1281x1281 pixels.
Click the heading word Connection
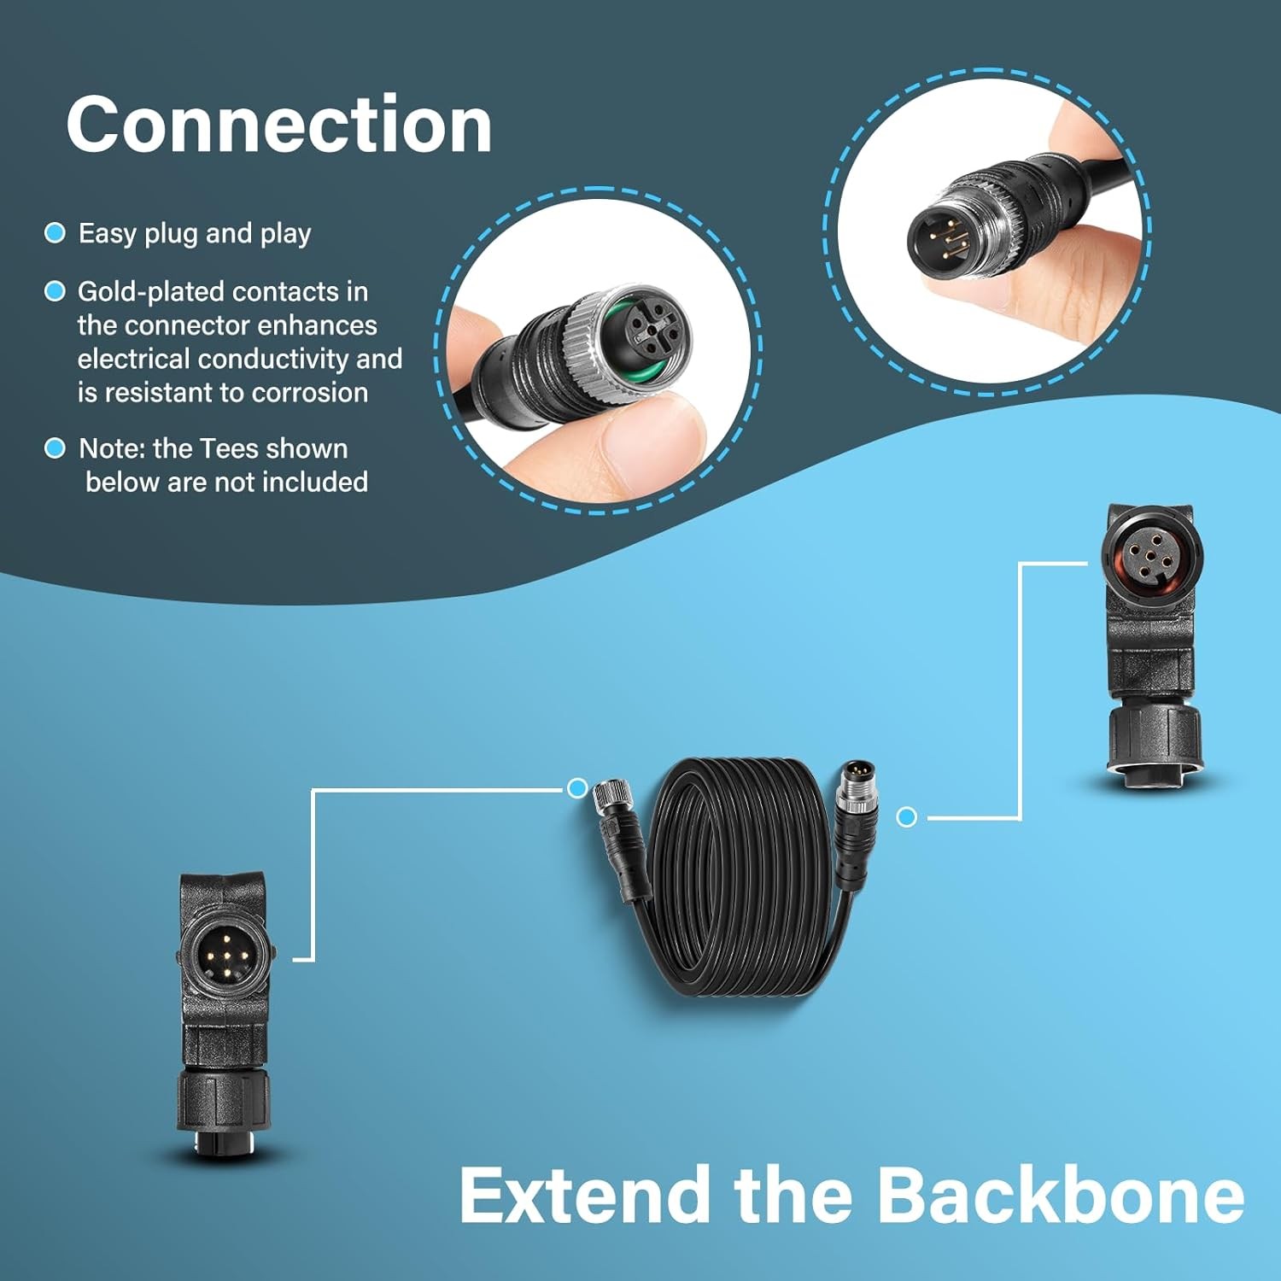coord(279,125)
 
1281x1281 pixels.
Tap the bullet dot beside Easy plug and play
coord(55,233)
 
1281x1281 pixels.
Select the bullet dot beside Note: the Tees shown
coord(55,448)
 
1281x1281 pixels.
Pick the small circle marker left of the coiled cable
coord(577,787)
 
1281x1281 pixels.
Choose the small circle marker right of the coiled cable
coord(907,817)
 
